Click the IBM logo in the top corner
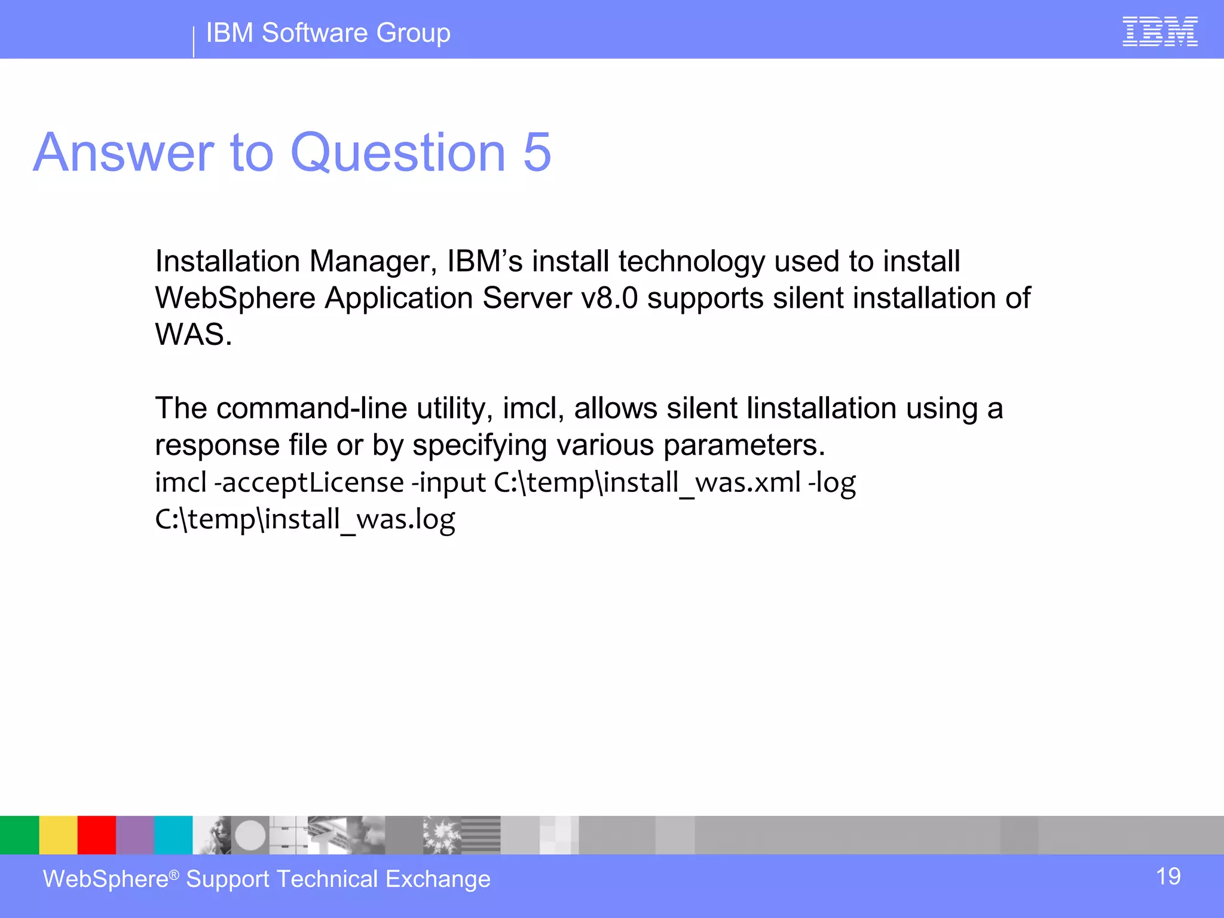(x=1159, y=32)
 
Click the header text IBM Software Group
(x=328, y=33)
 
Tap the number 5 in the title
(x=537, y=152)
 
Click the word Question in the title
(x=398, y=154)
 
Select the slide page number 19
(x=1168, y=877)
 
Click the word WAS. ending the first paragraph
(x=193, y=335)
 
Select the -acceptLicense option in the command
(x=309, y=482)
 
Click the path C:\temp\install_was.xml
(x=647, y=482)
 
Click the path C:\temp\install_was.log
(x=305, y=519)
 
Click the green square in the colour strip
(x=19, y=835)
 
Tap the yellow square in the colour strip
(x=58, y=835)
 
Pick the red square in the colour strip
(x=96, y=835)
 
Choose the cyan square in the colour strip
(x=173, y=835)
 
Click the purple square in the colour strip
(x=134, y=835)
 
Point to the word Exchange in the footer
(x=437, y=879)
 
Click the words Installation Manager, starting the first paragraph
(x=296, y=262)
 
